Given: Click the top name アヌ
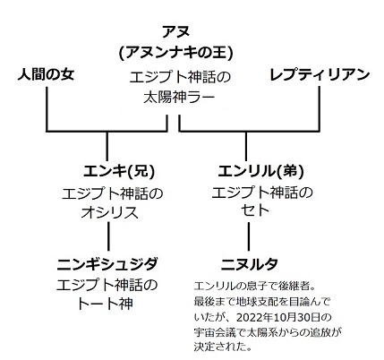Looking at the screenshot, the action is tap(175, 32).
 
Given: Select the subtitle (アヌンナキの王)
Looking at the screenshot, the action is tap(175, 54).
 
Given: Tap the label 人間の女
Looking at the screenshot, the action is tap(46, 74).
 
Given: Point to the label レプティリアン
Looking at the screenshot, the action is tap(320, 74).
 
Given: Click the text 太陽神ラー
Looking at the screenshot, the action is tap(179, 98).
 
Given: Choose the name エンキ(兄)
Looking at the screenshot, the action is tap(119, 171).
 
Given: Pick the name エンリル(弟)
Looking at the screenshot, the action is tap(261, 171).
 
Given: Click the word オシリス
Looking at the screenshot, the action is tap(110, 213).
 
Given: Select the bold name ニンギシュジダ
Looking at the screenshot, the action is tap(107, 264).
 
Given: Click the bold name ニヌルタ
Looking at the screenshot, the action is tap(250, 264).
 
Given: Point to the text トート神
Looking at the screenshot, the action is tap(105, 304).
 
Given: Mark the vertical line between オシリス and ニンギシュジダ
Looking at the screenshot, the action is tap(108, 236).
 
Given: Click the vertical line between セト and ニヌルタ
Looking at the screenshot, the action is tap(249, 236).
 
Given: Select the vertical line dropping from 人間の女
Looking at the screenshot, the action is tap(47, 109).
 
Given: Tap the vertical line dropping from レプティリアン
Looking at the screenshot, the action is tap(320, 109).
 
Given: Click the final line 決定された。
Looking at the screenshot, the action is tap(222, 347).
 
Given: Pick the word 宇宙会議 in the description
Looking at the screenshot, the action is tap(212, 332).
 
